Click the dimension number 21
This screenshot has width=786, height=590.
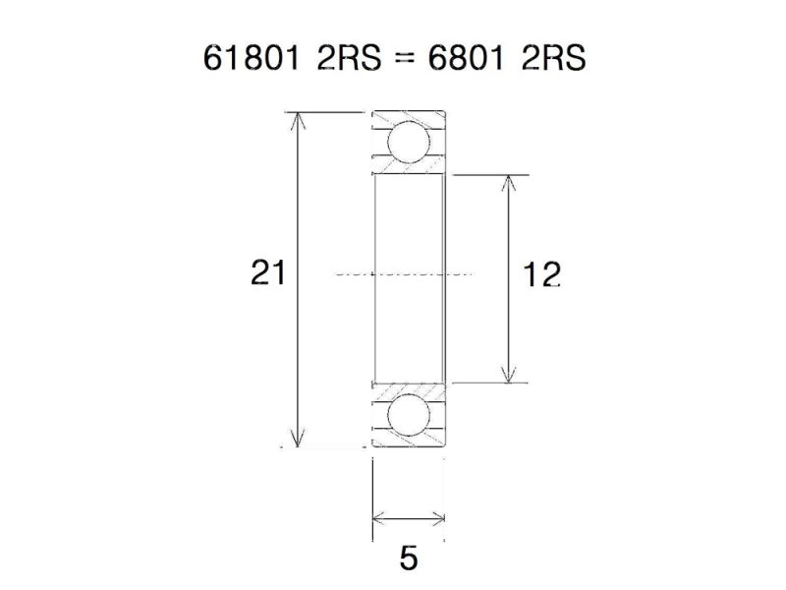[268, 272]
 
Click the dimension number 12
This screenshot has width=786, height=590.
[541, 276]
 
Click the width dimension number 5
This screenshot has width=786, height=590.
[409, 558]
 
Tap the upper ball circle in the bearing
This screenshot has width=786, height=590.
[408, 141]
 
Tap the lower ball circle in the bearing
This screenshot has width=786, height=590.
[408, 416]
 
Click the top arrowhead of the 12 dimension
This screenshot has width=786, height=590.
[508, 183]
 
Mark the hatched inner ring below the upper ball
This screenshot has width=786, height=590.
[409, 170]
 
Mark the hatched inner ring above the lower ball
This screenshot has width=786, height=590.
[409, 388]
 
